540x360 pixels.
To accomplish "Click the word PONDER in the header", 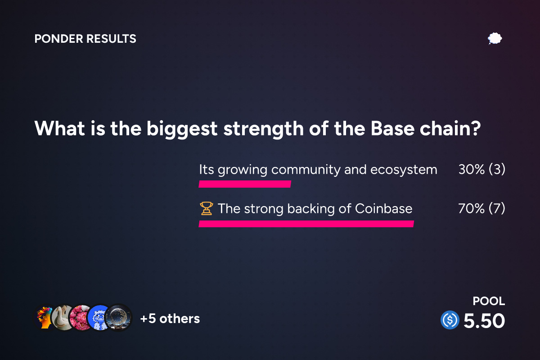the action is coord(58,39).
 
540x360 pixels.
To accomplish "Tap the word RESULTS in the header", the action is coord(111,39).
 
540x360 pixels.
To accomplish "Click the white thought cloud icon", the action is coord(495,39).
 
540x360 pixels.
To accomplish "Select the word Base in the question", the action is coord(392,128).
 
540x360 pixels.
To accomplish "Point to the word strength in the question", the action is coord(264,129).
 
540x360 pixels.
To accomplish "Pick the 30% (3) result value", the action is coord(481,169).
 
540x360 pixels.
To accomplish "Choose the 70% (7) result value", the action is coord(481,208).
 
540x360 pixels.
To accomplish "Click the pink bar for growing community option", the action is coord(245,184).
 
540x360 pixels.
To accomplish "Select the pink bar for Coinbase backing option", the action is coord(306,224).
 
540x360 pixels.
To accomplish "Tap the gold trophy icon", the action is coord(207,208).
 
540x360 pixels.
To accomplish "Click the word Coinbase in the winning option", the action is coord(383,208).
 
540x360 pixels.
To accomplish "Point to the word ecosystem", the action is coord(404,170).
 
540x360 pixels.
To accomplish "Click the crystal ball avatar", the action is coord(118,318).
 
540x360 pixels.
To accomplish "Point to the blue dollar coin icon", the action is coord(450,320).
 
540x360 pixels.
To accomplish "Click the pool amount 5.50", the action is coord(484,321).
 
